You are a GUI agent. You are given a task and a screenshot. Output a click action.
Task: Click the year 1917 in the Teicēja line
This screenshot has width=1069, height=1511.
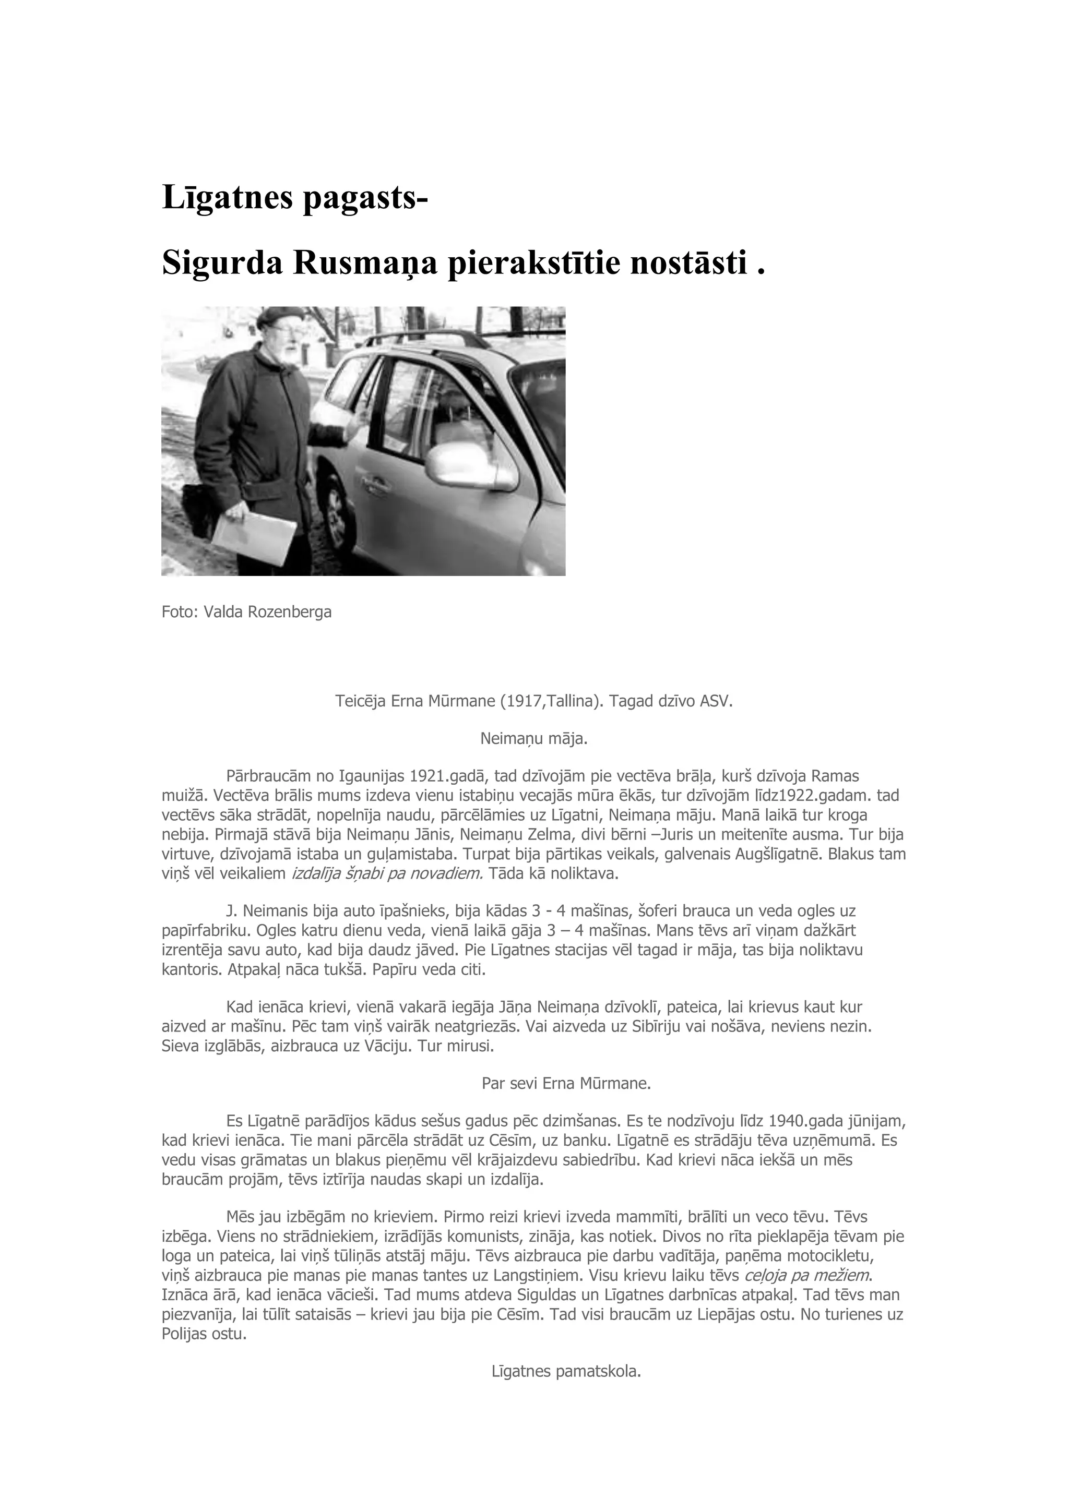click(524, 701)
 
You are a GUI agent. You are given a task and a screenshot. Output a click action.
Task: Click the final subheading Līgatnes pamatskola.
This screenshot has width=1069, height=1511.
click(566, 1372)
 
